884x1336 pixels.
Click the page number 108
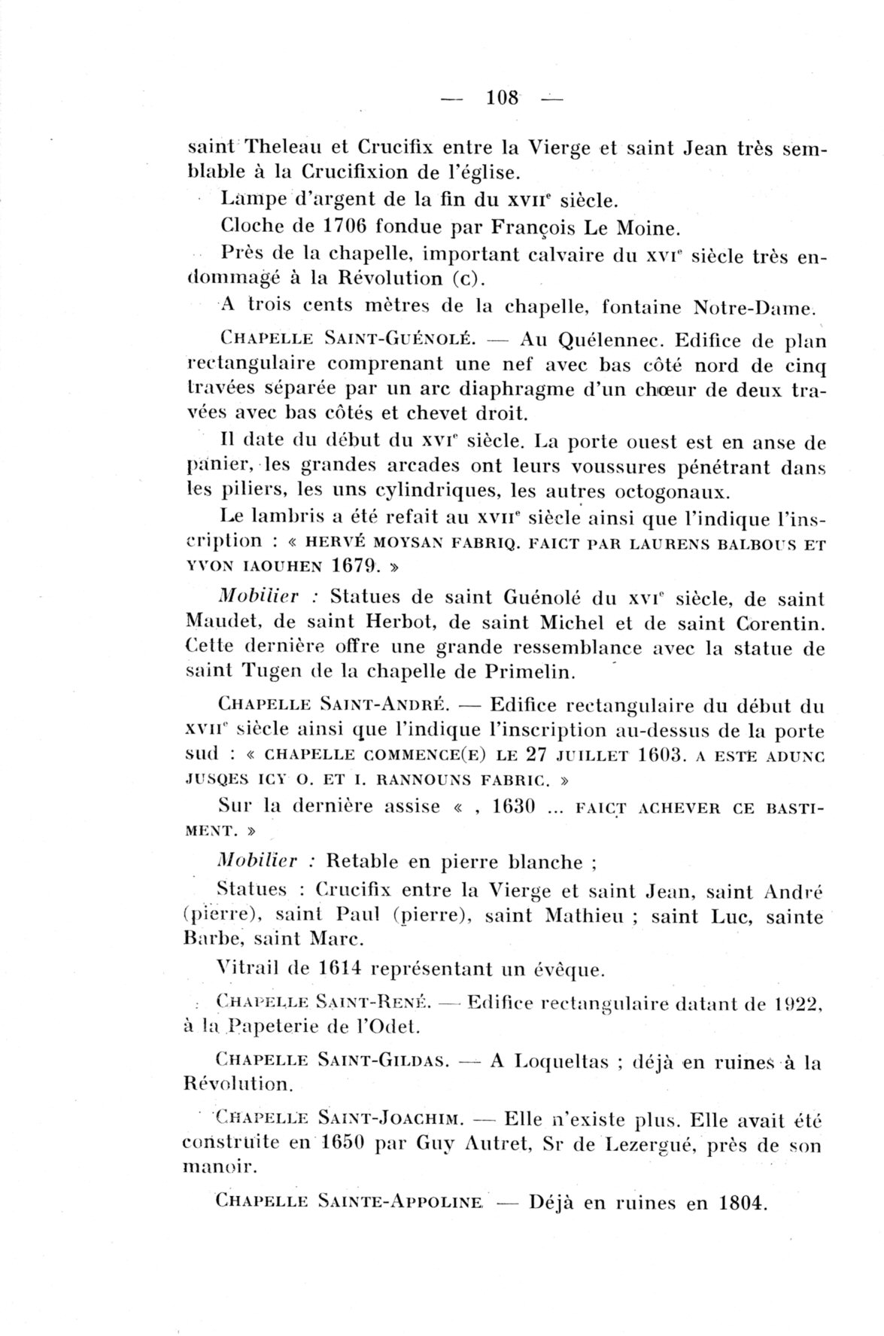pyautogui.click(x=503, y=98)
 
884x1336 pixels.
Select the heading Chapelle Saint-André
pyautogui.click(x=332, y=707)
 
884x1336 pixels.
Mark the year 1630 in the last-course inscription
pyautogui.click(x=512, y=807)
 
